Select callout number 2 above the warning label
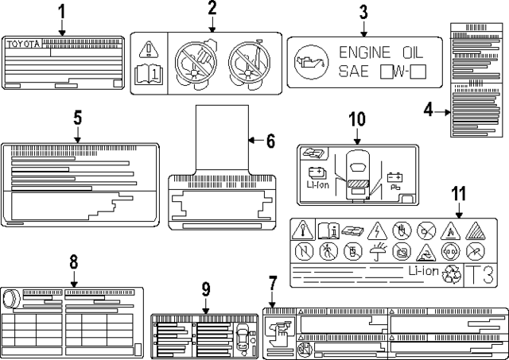tap(212, 10)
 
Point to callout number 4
tap(428, 111)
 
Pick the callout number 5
tap(78, 117)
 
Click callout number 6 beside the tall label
tap(270, 141)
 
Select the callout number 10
tap(357, 119)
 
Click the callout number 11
tap(457, 193)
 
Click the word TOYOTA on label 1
tap(23, 45)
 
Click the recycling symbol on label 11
tap(453, 276)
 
